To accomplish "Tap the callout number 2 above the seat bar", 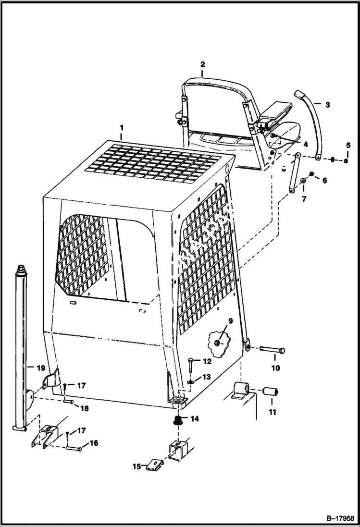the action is coord(202,64).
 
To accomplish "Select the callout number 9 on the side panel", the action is coord(230,320).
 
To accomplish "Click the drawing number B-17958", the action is coord(339,519).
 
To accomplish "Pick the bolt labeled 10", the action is coord(273,349).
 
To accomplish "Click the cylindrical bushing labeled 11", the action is coord(272,392).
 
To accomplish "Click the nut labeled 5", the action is coord(346,160).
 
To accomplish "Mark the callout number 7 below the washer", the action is coord(303,198).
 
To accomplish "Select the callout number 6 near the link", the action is coord(324,181).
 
